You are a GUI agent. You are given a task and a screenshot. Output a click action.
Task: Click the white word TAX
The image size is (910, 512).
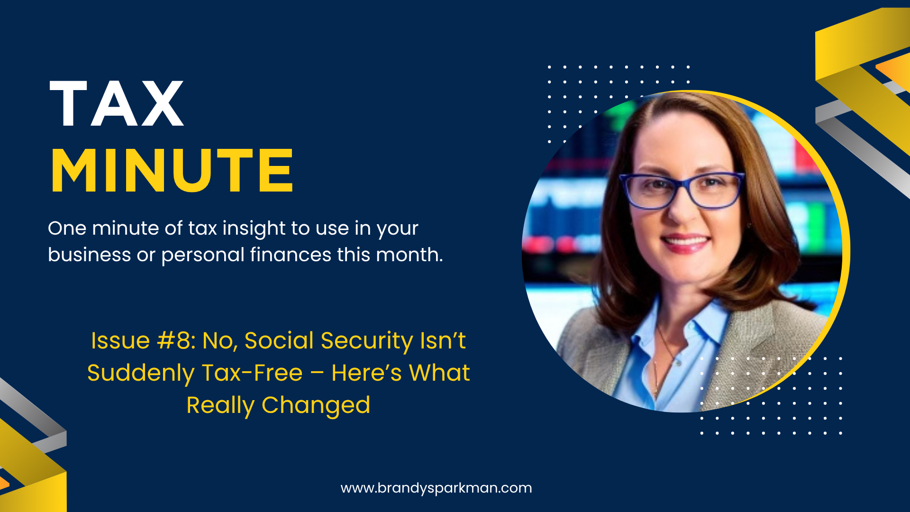[116, 103]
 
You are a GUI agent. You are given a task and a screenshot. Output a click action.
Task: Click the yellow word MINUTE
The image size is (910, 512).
[172, 171]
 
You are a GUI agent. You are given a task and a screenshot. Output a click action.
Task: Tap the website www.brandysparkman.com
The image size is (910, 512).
[436, 488]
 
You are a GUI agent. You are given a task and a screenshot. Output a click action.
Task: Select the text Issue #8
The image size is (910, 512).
[143, 340]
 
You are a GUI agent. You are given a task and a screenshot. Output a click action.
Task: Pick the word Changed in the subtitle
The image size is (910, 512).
[316, 405]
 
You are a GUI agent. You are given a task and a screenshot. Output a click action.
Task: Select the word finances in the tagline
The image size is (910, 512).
[291, 255]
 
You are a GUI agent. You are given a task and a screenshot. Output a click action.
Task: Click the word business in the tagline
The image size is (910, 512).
[89, 255]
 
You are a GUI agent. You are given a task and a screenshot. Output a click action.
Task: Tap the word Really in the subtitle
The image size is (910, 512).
[220, 406]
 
